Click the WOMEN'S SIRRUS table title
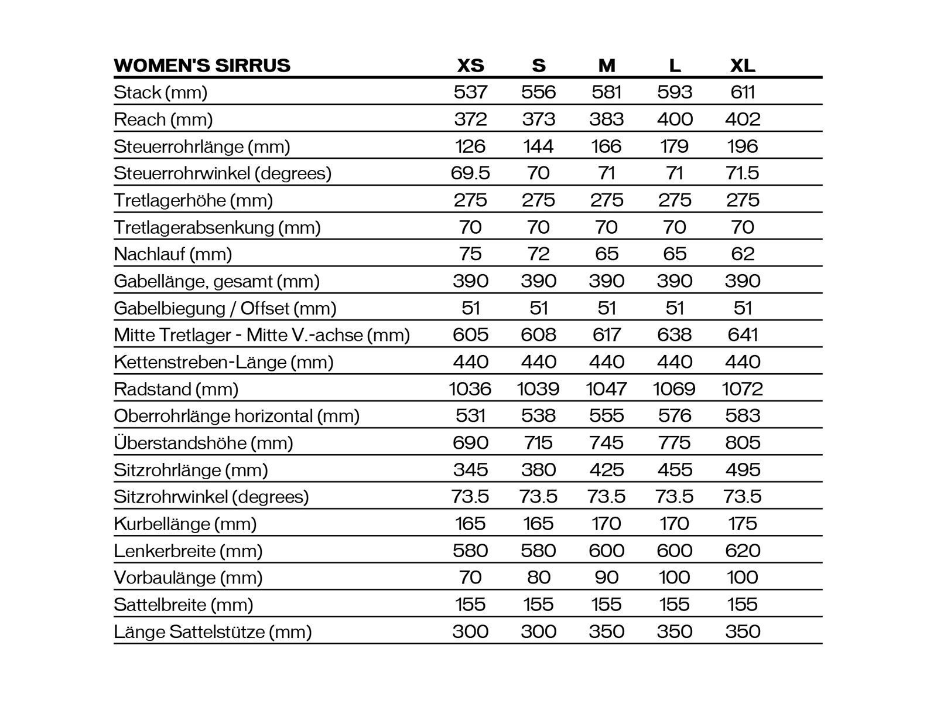[202, 65]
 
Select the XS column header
[470, 65]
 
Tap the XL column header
[743, 65]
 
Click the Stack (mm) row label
[160, 92]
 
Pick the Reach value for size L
[675, 119]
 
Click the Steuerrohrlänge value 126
[470, 146]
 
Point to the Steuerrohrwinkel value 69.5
[470, 173]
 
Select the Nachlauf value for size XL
[743, 254]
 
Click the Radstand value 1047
[606, 388]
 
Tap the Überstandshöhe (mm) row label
[203, 442]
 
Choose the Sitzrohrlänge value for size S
[538, 469]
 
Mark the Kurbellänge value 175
[743, 523]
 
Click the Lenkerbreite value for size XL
[743, 550]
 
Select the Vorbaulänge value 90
[606, 577]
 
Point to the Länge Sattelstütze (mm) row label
[213, 631]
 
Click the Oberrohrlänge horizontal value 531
[470, 415]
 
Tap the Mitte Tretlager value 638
[675, 335]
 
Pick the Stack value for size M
[606, 92]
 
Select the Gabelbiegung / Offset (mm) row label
[225, 308]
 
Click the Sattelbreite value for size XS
[470, 604]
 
